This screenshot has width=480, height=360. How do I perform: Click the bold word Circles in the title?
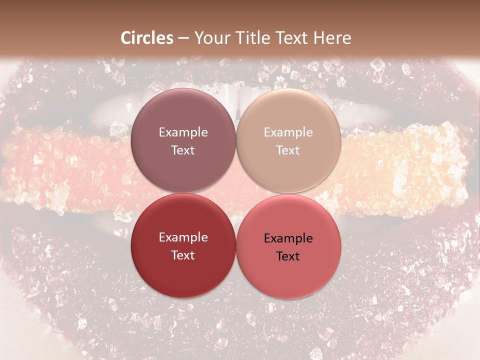point(146,38)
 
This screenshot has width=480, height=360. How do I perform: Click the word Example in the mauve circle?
point(183,132)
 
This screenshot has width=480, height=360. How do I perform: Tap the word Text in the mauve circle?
point(183,150)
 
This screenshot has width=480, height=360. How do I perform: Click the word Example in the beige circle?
point(288,132)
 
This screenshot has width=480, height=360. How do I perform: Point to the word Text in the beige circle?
point(288,150)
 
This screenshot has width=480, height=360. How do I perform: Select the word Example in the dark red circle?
point(183,237)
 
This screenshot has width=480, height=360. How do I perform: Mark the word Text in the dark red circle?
point(183,255)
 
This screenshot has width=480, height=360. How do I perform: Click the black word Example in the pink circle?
point(288,238)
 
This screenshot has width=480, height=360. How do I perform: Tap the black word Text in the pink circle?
point(288,256)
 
